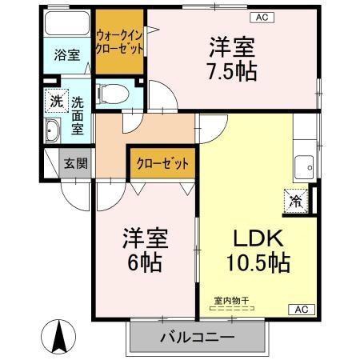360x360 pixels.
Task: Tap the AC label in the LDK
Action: (x=302, y=308)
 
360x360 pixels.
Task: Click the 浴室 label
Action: (x=66, y=55)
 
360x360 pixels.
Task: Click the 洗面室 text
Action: (x=78, y=114)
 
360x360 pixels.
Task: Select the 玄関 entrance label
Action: (x=76, y=164)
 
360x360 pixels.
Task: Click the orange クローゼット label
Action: (x=160, y=164)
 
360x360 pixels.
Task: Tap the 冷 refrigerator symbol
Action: (x=296, y=200)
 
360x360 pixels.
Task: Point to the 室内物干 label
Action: (x=230, y=301)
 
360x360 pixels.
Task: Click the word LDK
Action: (x=254, y=238)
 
